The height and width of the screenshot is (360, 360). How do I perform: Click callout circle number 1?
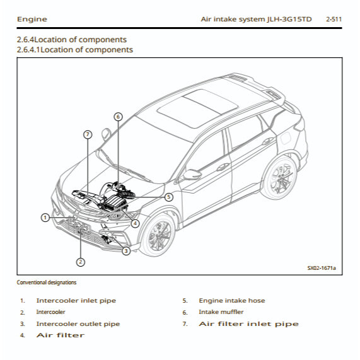[x=45, y=218]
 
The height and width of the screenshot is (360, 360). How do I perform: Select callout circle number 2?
[x=81, y=262]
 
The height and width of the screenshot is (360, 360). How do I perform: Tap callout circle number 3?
[x=126, y=251]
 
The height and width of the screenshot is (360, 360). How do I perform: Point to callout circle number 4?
[x=136, y=223]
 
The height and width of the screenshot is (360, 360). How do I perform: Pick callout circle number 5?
[x=169, y=197]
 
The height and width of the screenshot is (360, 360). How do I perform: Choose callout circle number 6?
[x=118, y=117]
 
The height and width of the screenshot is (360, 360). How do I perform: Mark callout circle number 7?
[x=88, y=134]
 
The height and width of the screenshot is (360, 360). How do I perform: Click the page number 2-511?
[x=334, y=20]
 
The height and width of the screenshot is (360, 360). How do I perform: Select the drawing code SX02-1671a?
[x=322, y=268]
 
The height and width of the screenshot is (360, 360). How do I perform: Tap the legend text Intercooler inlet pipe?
[x=76, y=301]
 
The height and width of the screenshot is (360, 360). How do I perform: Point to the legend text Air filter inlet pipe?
[x=248, y=324]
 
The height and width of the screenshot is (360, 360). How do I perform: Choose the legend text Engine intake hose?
[x=231, y=301]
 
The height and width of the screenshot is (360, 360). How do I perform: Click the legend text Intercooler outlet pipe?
[x=78, y=324]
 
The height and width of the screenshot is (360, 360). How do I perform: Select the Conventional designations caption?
[x=47, y=282]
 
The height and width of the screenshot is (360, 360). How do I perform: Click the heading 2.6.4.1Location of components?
[x=75, y=49]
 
